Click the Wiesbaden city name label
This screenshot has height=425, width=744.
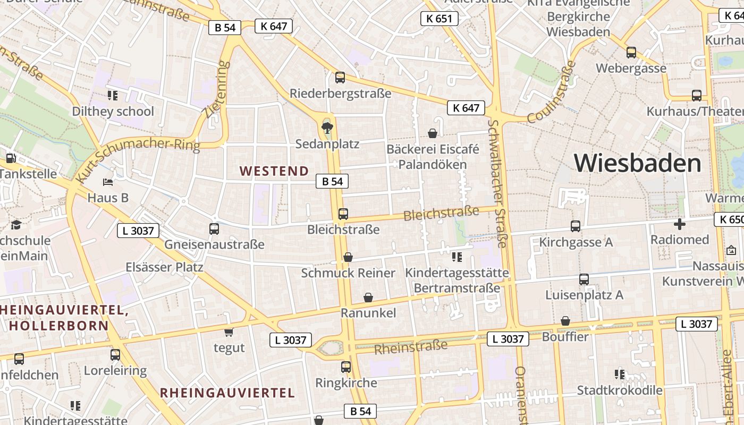(638, 163)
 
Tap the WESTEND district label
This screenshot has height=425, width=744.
(274, 171)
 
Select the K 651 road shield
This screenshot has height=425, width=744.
(439, 19)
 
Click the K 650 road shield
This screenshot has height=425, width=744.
(729, 219)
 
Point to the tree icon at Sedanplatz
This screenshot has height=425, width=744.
(327, 127)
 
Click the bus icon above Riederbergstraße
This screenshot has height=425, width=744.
(340, 78)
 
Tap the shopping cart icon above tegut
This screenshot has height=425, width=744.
(229, 332)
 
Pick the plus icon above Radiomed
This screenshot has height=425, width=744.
(679, 224)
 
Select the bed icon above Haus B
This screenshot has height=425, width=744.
(108, 182)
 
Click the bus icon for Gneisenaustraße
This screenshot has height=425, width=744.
(214, 229)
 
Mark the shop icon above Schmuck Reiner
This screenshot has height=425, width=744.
(348, 257)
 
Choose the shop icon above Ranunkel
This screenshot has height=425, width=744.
(368, 297)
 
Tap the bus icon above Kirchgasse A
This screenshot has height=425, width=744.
(576, 226)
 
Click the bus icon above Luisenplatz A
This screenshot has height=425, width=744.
(584, 279)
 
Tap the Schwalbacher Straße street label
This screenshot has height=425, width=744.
(498, 183)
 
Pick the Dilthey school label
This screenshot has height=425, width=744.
(113, 112)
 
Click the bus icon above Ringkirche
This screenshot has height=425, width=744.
(346, 367)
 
